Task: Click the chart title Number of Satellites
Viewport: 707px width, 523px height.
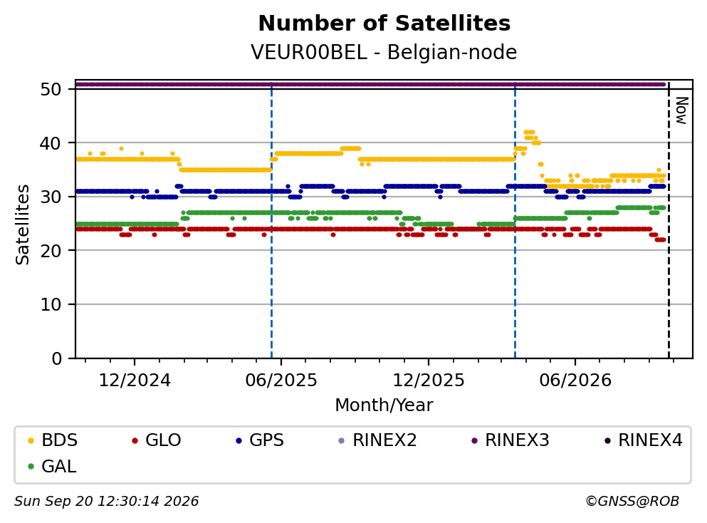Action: pyautogui.click(x=384, y=24)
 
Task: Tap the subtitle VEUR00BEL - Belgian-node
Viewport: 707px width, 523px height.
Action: pyautogui.click(x=384, y=52)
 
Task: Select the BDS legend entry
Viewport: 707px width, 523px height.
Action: pyautogui.click(x=53, y=440)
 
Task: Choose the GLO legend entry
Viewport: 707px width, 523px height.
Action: pyautogui.click(x=157, y=440)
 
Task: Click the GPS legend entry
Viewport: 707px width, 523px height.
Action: pyautogui.click(x=260, y=440)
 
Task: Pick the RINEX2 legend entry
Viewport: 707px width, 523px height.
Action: pyautogui.click(x=378, y=440)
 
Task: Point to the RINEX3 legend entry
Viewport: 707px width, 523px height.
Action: pyautogui.click(x=510, y=440)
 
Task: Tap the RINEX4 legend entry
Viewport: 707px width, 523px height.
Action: pyautogui.click(x=644, y=440)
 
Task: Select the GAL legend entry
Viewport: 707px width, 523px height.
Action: pyautogui.click(x=52, y=467)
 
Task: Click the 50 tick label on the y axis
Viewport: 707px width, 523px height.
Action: pyautogui.click(x=51, y=89)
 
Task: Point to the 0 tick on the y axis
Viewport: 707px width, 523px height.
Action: pyautogui.click(x=57, y=358)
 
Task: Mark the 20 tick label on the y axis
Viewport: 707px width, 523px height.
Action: pyautogui.click(x=51, y=251)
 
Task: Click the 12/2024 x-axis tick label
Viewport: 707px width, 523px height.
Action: pyautogui.click(x=135, y=380)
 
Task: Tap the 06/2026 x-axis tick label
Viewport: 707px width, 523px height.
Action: pyautogui.click(x=575, y=380)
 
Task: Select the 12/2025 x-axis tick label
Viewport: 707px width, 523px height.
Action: pyautogui.click(x=429, y=380)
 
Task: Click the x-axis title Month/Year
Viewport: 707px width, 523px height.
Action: pyautogui.click(x=384, y=405)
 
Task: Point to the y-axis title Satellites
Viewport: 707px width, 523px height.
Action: pyautogui.click(x=23, y=224)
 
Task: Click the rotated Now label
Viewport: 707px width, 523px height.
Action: pyautogui.click(x=682, y=110)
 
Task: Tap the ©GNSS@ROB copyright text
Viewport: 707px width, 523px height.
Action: pyautogui.click(x=632, y=502)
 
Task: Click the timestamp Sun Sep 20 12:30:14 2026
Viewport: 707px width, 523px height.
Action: pyautogui.click(x=106, y=502)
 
